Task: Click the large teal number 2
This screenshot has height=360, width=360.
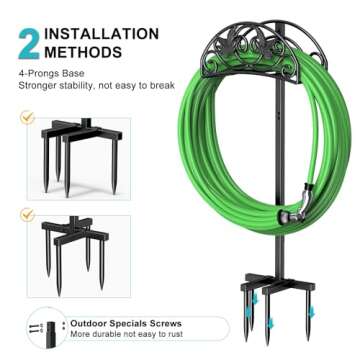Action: (x=28, y=42)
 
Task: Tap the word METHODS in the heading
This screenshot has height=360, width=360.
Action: (x=85, y=51)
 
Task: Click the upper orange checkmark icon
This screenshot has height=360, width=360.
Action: (x=27, y=118)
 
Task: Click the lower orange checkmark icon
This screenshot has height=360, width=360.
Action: (x=27, y=214)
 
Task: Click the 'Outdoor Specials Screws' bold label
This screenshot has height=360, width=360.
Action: (x=125, y=325)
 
